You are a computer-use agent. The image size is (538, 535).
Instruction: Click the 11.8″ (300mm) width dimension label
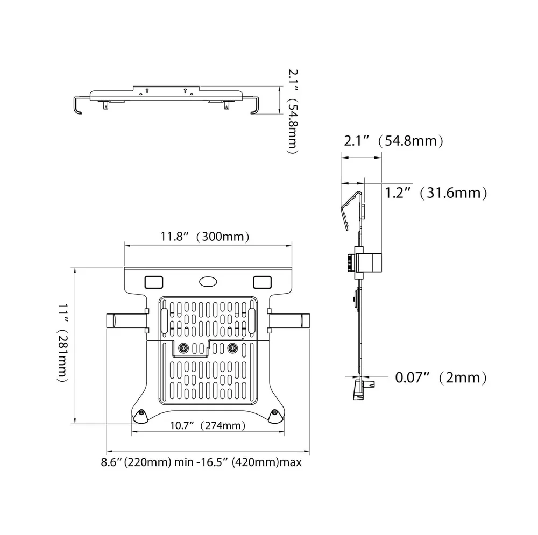(x=205, y=237)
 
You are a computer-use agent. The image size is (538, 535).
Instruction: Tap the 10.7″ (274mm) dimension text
(x=208, y=426)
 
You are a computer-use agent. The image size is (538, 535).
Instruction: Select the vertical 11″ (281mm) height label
(x=63, y=343)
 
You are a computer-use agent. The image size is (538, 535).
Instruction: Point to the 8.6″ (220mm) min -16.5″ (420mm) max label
(x=201, y=462)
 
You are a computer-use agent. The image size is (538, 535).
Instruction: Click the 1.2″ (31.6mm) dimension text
(x=436, y=193)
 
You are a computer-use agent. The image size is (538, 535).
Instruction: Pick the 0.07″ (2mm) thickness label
(x=441, y=377)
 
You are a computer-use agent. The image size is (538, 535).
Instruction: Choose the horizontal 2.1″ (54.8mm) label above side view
(x=394, y=141)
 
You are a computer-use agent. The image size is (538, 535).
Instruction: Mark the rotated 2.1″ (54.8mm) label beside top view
(x=293, y=111)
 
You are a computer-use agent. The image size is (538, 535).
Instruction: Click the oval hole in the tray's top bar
(x=208, y=282)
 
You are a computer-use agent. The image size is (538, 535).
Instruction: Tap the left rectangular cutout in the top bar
(x=154, y=282)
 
